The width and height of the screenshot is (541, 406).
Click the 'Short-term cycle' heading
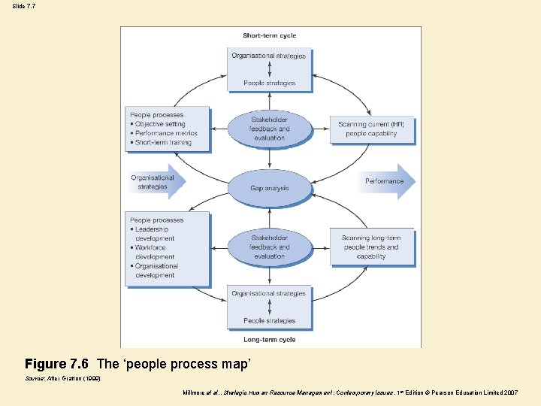pyautogui.click(x=269, y=35)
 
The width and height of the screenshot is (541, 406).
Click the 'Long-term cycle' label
pyautogui.click(x=269, y=340)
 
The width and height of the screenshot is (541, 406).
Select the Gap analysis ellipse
pyautogui.click(x=269, y=188)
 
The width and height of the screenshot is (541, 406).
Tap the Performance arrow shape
pyautogui.click(x=388, y=181)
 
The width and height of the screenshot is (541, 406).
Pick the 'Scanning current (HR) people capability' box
pyautogui.click(x=372, y=129)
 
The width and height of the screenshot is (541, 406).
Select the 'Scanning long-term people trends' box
pyautogui.click(x=372, y=247)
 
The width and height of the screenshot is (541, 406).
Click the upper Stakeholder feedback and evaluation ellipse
pyautogui.click(x=269, y=129)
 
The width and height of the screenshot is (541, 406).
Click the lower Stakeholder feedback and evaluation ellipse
pyautogui.click(x=269, y=247)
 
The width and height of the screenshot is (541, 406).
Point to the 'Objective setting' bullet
pyautogui.click(x=160, y=124)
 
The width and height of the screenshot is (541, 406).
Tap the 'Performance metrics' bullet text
pyautogui.click(x=166, y=133)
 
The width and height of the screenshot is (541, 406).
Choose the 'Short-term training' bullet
pyautogui.click(x=163, y=142)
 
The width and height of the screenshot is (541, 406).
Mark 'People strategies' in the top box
pyautogui.click(x=269, y=83)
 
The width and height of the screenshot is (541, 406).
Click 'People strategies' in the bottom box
pyautogui.click(x=269, y=321)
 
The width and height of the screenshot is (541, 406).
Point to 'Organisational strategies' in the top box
pyautogui.click(x=269, y=56)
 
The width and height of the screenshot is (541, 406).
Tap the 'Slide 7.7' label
pyautogui.click(x=23, y=6)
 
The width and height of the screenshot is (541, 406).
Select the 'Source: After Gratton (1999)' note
pyautogui.click(x=63, y=379)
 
